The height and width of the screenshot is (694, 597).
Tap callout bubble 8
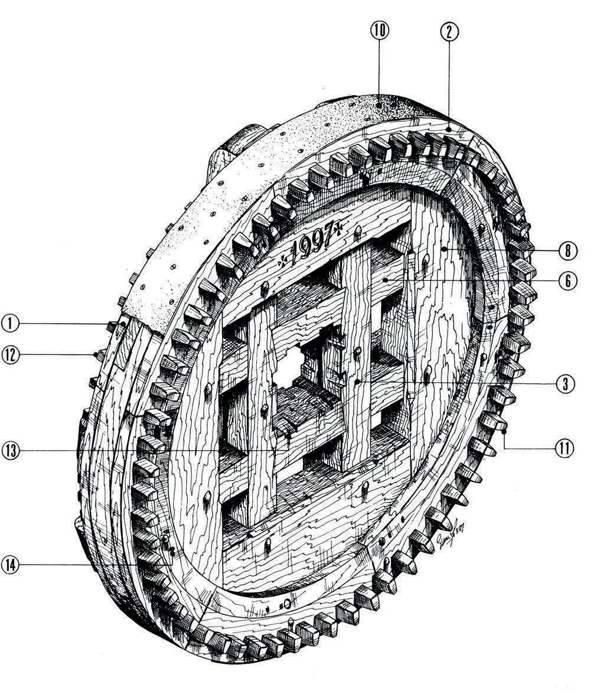coord(567,250)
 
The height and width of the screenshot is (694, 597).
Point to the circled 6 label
coord(567,281)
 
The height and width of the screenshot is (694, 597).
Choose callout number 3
coord(565,383)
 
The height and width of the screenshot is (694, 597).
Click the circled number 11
coord(564,448)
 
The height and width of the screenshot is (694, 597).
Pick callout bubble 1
coord(11,322)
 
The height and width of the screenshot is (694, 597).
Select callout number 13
coord(11,451)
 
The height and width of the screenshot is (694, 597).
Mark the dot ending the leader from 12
coord(95,354)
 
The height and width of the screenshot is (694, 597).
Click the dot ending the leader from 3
coord(358,383)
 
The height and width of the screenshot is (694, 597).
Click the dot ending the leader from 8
coord(442,250)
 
